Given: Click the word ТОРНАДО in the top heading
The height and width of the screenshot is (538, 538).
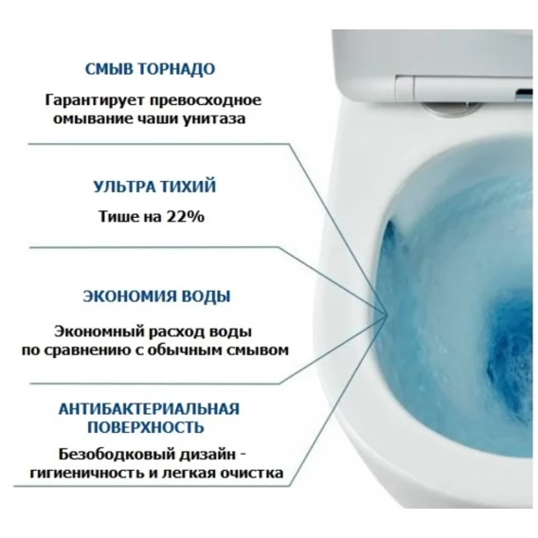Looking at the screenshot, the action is (176, 69).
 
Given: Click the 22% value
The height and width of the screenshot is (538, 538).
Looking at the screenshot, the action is (186, 217).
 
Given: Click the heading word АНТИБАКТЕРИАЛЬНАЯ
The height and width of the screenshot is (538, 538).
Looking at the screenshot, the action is (149, 409).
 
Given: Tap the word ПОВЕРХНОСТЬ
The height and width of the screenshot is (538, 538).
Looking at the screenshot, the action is (146, 427).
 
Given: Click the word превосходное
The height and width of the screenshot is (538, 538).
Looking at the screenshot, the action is (205, 100).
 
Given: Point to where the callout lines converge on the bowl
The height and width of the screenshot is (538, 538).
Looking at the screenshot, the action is (387, 314).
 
